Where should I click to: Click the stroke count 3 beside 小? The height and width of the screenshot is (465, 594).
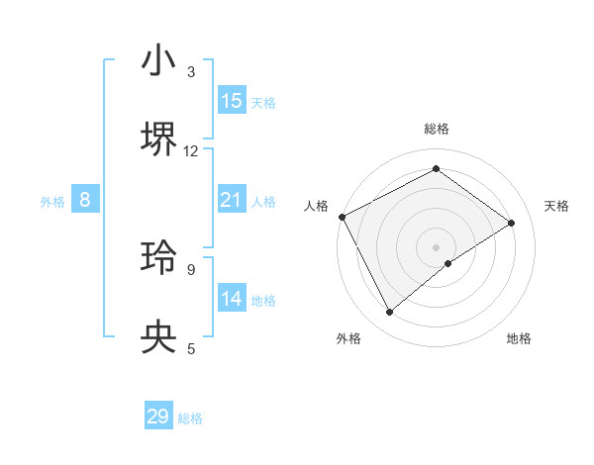pyautogui.click(x=191, y=72)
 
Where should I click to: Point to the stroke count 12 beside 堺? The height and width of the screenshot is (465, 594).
pyautogui.click(x=191, y=151)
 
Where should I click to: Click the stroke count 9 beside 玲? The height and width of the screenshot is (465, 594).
pyautogui.click(x=191, y=269)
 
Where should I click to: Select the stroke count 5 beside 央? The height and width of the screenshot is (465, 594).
pyautogui.click(x=191, y=348)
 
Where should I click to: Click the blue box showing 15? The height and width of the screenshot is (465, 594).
pyautogui.click(x=232, y=101)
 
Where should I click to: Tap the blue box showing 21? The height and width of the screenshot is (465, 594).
pyautogui.click(x=232, y=200)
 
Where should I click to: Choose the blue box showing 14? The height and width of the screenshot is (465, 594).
pyautogui.click(x=232, y=299)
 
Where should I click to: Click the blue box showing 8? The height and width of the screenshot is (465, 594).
pyautogui.click(x=85, y=200)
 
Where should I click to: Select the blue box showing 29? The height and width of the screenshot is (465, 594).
pyautogui.click(x=158, y=417)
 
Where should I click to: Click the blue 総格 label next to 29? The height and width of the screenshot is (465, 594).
pyautogui.click(x=190, y=418)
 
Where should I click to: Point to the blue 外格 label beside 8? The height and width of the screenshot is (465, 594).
pyautogui.click(x=52, y=202)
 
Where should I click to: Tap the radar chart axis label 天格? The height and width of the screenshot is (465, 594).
pyautogui.click(x=556, y=206)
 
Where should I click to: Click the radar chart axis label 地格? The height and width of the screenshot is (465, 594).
pyautogui.click(x=519, y=339)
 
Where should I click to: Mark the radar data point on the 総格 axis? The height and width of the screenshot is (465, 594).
pyautogui.click(x=436, y=169)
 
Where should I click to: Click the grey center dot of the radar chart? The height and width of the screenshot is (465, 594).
pyautogui.click(x=436, y=245)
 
